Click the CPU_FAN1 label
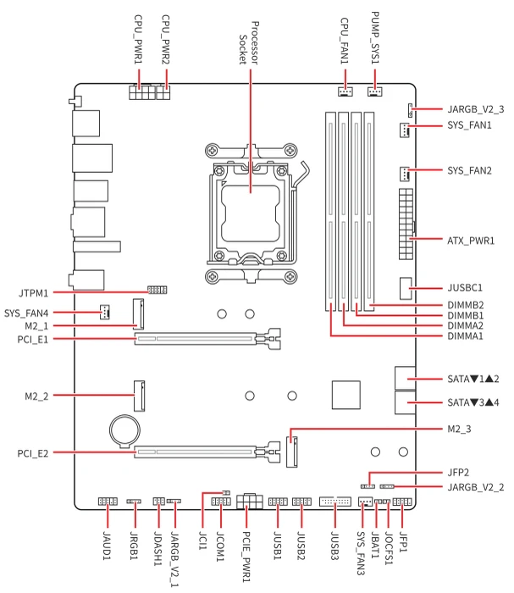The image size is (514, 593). (x=345, y=41)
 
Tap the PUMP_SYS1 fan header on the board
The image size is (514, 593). (x=374, y=91)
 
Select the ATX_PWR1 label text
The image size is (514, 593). (x=471, y=241)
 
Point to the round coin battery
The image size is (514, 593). (x=124, y=430)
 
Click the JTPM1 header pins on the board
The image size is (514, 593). (x=157, y=290)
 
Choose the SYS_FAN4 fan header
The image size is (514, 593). (x=105, y=312)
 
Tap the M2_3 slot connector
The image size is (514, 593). (x=292, y=452)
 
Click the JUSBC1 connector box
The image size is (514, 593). (x=405, y=289)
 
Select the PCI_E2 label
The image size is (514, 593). (x=33, y=453)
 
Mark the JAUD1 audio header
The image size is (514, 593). (x=108, y=502)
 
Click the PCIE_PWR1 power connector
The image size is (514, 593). (x=250, y=502)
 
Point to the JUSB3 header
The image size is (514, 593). (x=334, y=502)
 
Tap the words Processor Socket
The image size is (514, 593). (x=249, y=42)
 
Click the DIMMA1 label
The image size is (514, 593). (x=465, y=336)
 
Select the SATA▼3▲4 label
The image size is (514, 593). (x=473, y=402)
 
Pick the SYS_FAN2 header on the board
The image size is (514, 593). (x=405, y=174)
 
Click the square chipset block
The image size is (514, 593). (x=345, y=395)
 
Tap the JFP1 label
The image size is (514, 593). (x=403, y=542)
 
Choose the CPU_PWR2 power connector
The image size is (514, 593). (x=163, y=92)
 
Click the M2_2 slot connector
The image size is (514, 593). (x=139, y=396)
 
